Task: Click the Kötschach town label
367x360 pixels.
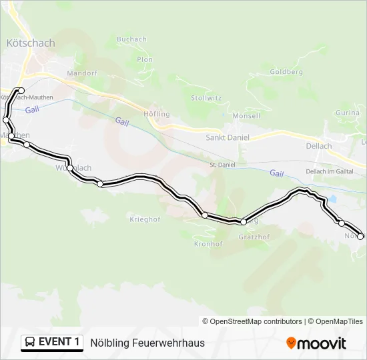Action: click(x=30, y=43)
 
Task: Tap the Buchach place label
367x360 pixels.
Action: click(x=131, y=39)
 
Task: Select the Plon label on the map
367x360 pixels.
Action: click(x=145, y=59)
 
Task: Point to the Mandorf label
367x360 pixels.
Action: click(x=82, y=73)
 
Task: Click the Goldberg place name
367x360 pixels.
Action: click(x=286, y=71)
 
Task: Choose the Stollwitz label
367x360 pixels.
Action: click(x=206, y=97)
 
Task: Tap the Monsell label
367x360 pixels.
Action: click(x=246, y=116)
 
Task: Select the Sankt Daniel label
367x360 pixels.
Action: click(x=228, y=137)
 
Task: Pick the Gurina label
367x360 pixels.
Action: click(x=348, y=113)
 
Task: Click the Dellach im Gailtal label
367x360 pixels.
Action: click(x=329, y=171)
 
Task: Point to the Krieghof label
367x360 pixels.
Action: click(x=145, y=219)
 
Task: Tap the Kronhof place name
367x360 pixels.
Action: click(x=208, y=244)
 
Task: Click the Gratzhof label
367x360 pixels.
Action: click(x=254, y=237)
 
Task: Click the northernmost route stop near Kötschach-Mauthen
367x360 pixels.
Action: click(x=21, y=91)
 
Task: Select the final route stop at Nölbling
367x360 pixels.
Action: click(x=361, y=236)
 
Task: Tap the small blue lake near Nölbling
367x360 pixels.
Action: click(x=331, y=199)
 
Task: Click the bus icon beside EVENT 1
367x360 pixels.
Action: click(x=31, y=343)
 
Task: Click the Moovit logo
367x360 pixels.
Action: click(x=316, y=343)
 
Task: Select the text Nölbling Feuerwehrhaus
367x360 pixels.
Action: click(x=147, y=343)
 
